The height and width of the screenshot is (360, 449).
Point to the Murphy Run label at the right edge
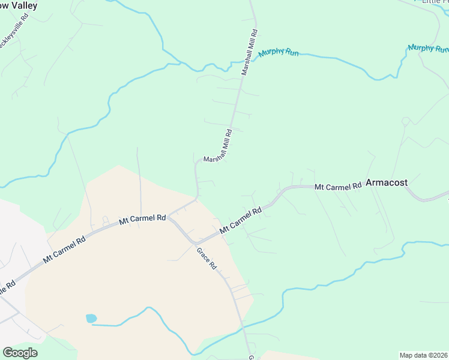[429, 49]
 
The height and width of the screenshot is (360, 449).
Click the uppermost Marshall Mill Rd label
[250, 52]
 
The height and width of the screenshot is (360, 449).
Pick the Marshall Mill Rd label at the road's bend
[218, 149]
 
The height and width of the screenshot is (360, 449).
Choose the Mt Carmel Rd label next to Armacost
[338, 186]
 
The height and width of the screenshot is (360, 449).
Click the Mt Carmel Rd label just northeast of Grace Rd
[241, 221]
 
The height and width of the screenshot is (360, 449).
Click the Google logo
[20, 353]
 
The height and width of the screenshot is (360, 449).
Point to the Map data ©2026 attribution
[423, 355]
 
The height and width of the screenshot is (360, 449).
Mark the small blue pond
[91, 319]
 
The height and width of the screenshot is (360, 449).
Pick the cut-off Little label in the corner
[435, 2]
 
